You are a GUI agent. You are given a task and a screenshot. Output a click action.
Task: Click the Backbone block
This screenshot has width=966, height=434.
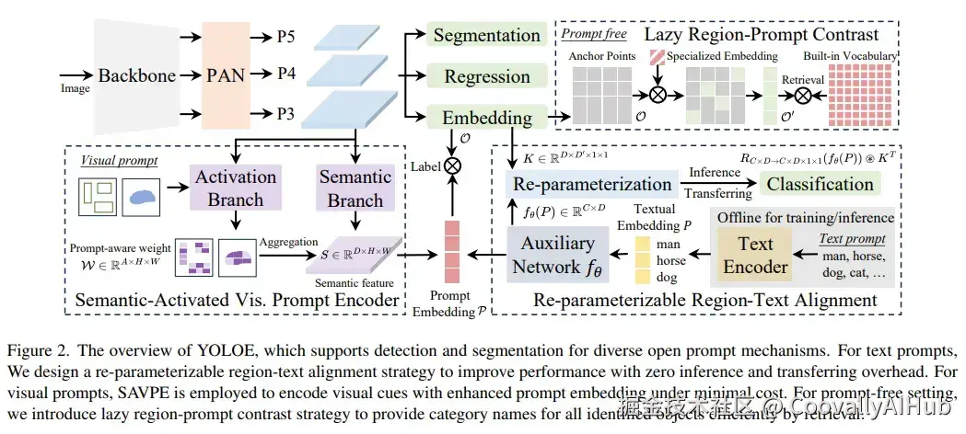tap(136, 75)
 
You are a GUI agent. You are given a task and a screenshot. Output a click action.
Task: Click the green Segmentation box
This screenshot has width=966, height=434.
tap(486, 36)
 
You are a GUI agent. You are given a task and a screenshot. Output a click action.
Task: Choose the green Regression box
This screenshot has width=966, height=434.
tap(486, 76)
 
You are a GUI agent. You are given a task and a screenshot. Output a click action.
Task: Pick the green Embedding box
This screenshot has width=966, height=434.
tap(486, 118)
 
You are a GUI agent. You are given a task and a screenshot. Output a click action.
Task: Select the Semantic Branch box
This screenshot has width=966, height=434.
tap(355, 188)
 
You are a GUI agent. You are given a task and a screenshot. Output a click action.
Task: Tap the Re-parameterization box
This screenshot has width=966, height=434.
tap(591, 183)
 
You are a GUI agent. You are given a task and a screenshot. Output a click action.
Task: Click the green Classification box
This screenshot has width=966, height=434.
tap(820, 184)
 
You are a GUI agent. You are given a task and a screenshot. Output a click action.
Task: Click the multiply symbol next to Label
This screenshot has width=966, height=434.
tap(451, 166)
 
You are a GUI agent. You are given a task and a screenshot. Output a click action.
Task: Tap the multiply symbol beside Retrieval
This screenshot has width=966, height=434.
tap(803, 94)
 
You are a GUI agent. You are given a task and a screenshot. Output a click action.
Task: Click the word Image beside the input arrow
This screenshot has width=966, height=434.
tap(76, 89)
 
